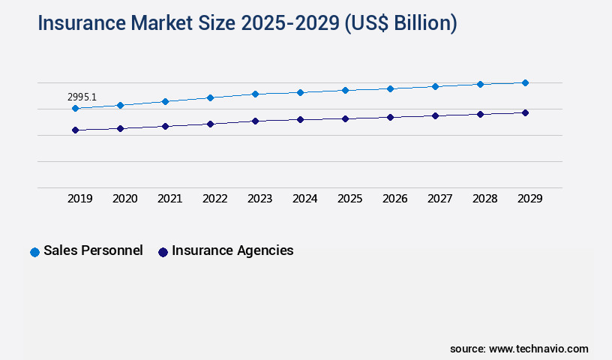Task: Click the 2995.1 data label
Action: tap(82, 97)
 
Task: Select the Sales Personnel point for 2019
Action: tap(75, 109)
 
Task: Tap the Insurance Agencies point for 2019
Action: tap(75, 130)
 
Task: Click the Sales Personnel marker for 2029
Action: tap(525, 82)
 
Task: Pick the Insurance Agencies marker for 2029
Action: tap(525, 112)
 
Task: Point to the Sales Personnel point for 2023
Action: tap(255, 94)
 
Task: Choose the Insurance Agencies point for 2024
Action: tap(300, 119)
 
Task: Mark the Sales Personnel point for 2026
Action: tap(390, 88)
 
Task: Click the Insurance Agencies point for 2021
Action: tap(165, 126)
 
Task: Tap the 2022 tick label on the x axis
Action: tap(215, 199)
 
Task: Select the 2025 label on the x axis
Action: tap(350, 199)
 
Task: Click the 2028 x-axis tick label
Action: tap(485, 199)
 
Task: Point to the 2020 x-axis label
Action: tap(125, 199)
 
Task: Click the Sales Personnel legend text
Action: tap(93, 250)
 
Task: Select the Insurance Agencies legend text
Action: tap(232, 250)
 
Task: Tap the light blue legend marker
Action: tap(34, 252)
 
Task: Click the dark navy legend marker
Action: tap(163, 252)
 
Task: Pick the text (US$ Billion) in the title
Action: tap(400, 23)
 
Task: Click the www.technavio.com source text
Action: tap(538, 349)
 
